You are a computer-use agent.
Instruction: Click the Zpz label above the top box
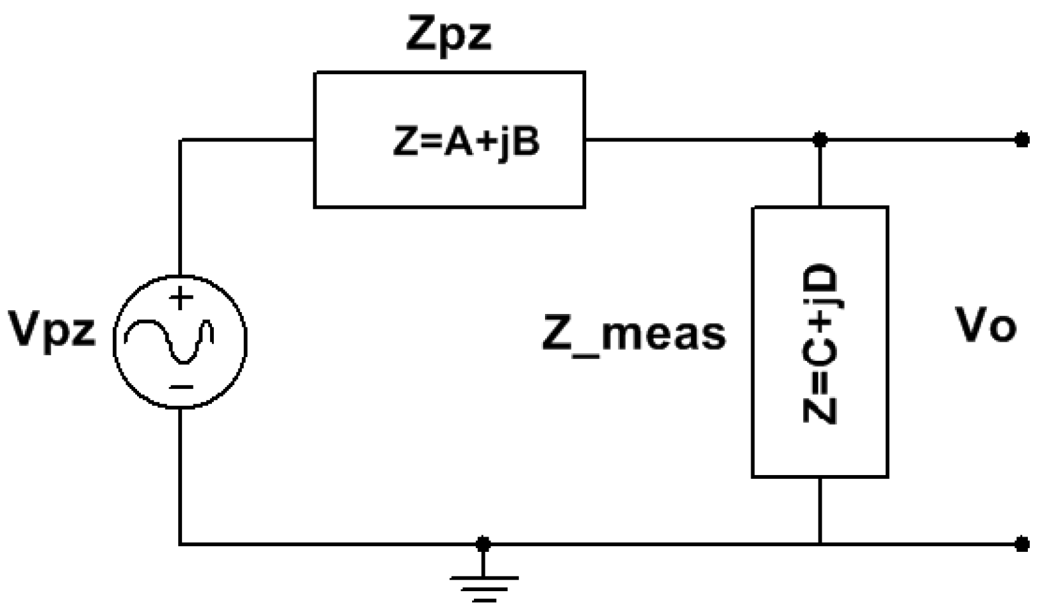(449, 37)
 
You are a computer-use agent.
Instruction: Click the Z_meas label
(633, 334)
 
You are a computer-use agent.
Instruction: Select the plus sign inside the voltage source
(181, 298)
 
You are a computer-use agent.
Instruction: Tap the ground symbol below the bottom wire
(483, 587)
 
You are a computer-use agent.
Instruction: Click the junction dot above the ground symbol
(483, 544)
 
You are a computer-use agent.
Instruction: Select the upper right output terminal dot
(1022, 140)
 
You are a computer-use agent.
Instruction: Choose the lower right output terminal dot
(1022, 544)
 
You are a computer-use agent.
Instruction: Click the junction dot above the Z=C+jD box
(820, 140)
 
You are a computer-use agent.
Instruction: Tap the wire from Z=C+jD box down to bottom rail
(820, 511)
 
